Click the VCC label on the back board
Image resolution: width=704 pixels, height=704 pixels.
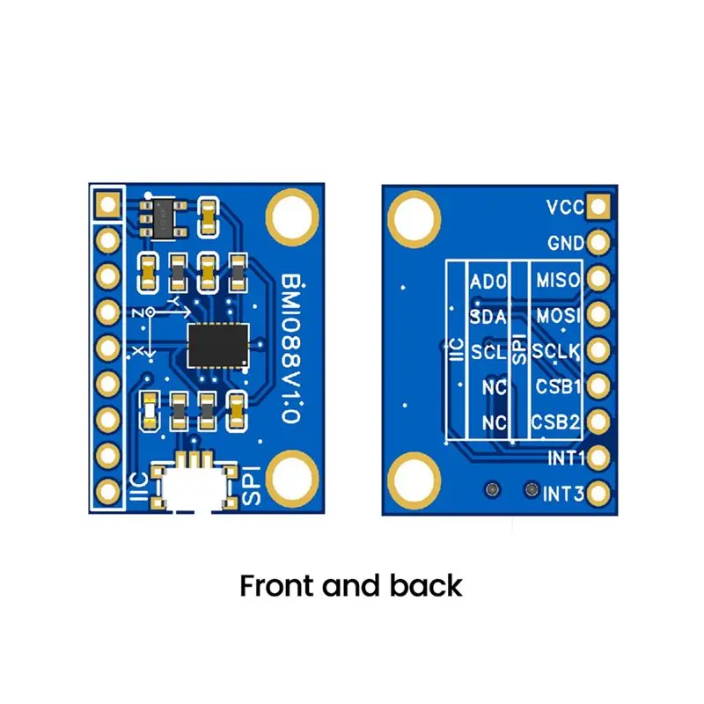pyautogui.click(x=565, y=208)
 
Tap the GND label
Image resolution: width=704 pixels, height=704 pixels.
pyautogui.click(x=566, y=244)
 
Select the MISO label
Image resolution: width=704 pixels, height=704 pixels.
pyautogui.click(x=558, y=280)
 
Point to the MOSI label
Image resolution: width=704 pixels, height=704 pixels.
pyautogui.click(x=558, y=316)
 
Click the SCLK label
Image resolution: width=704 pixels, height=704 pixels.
pyautogui.click(x=556, y=351)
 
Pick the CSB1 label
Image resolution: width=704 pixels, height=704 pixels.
pyautogui.click(x=558, y=386)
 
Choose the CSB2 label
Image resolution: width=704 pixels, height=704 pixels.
pyautogui.click(x=556, y=422)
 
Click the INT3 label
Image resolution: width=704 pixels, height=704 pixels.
pyautogui.click(x=564, y=495)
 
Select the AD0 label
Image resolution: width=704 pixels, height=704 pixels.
pyautogui.click(x=488, y=282)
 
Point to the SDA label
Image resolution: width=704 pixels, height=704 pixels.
pyautogui.click(x=488, y=317)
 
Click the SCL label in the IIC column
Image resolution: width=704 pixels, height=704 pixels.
pyautogui.click(x=488, y=352)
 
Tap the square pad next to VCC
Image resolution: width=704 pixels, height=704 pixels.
pyautogui.click(x=598, y=207)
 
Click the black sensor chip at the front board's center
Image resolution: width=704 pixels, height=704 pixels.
pyautogui.click(x=218, y=345)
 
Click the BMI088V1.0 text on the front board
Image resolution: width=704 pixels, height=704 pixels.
pyautogui.click(x=291, y=348)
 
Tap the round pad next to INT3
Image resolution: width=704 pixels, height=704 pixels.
pyautogui.click(x=598, y=494)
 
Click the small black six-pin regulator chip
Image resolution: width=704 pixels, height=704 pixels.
pyautogui.click(x=163, y=218)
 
